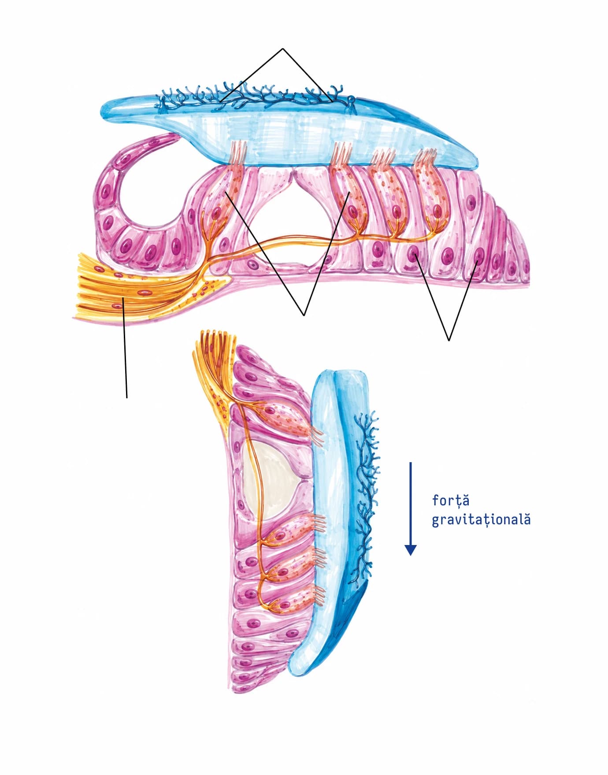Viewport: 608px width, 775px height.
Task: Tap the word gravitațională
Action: (481, 520)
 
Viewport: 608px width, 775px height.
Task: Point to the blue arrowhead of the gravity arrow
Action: (411, 549)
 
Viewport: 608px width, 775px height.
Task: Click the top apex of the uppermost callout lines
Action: (282, 48)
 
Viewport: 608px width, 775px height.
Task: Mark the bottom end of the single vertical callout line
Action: (127, 397)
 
